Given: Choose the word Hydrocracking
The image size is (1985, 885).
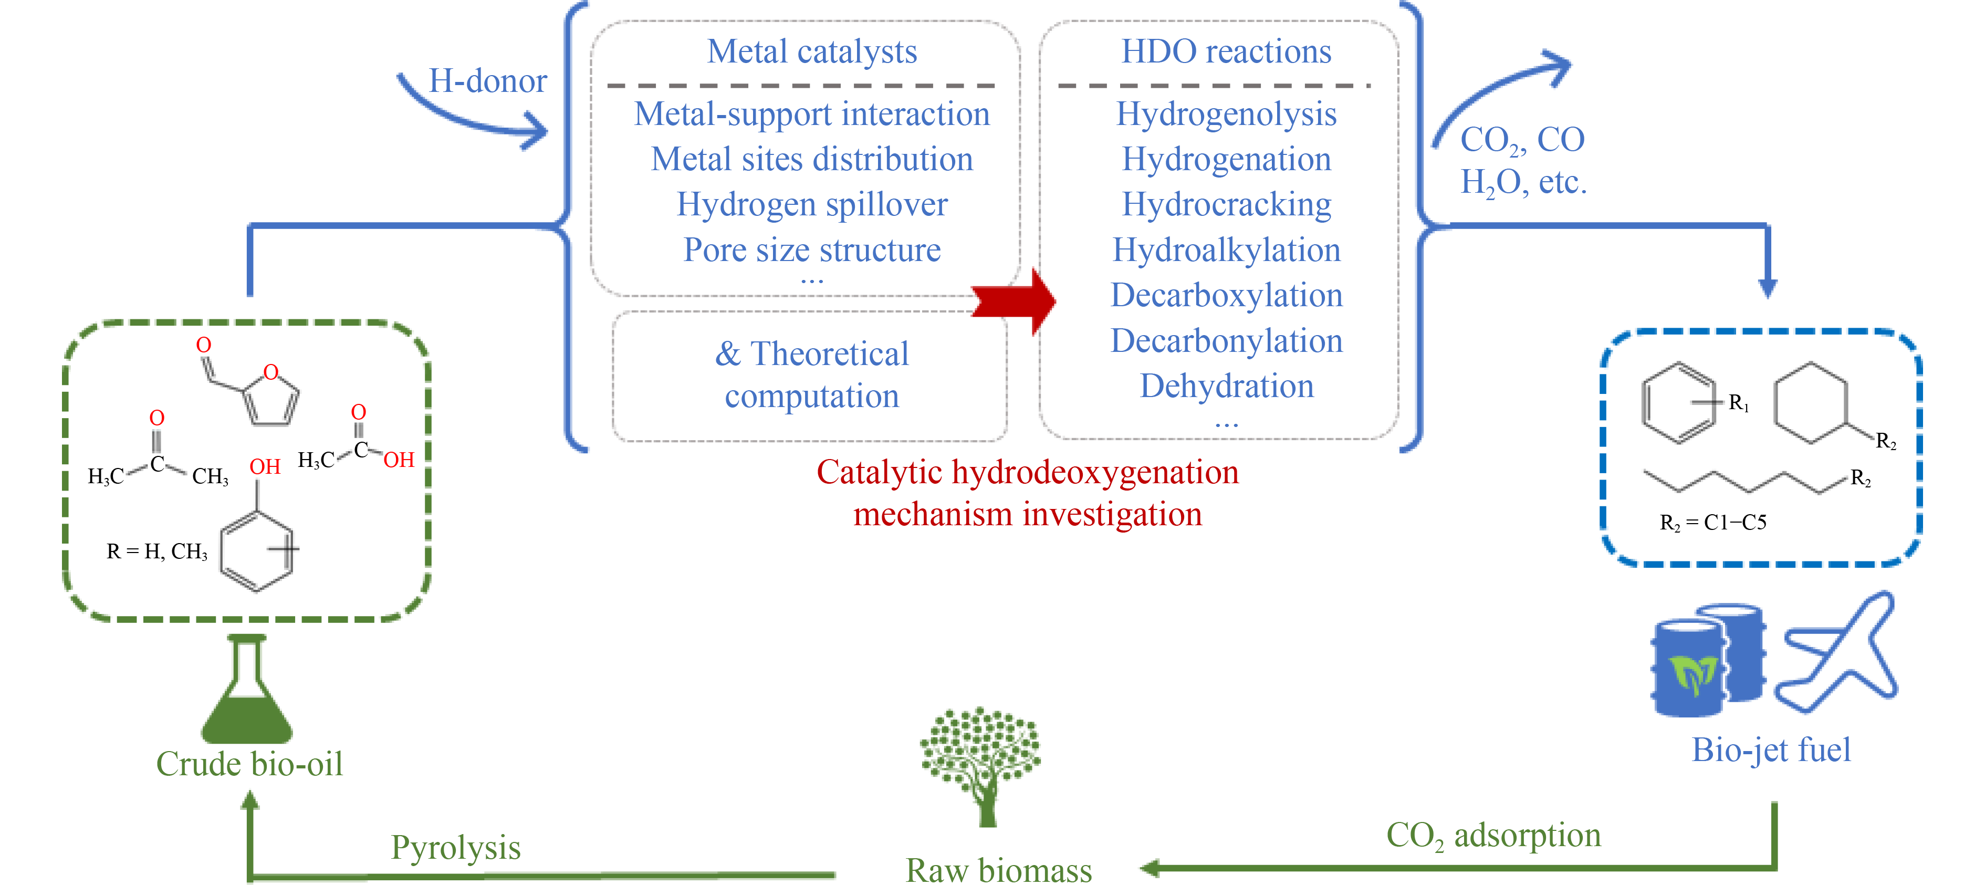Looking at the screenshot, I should [1226, 204].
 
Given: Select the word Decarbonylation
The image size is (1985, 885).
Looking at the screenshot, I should [1226, 341].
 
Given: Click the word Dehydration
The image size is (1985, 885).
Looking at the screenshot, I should [1226, 386].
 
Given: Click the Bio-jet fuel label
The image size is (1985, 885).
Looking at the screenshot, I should [1770, 750].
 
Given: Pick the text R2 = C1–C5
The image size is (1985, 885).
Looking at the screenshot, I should [1712, 523].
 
